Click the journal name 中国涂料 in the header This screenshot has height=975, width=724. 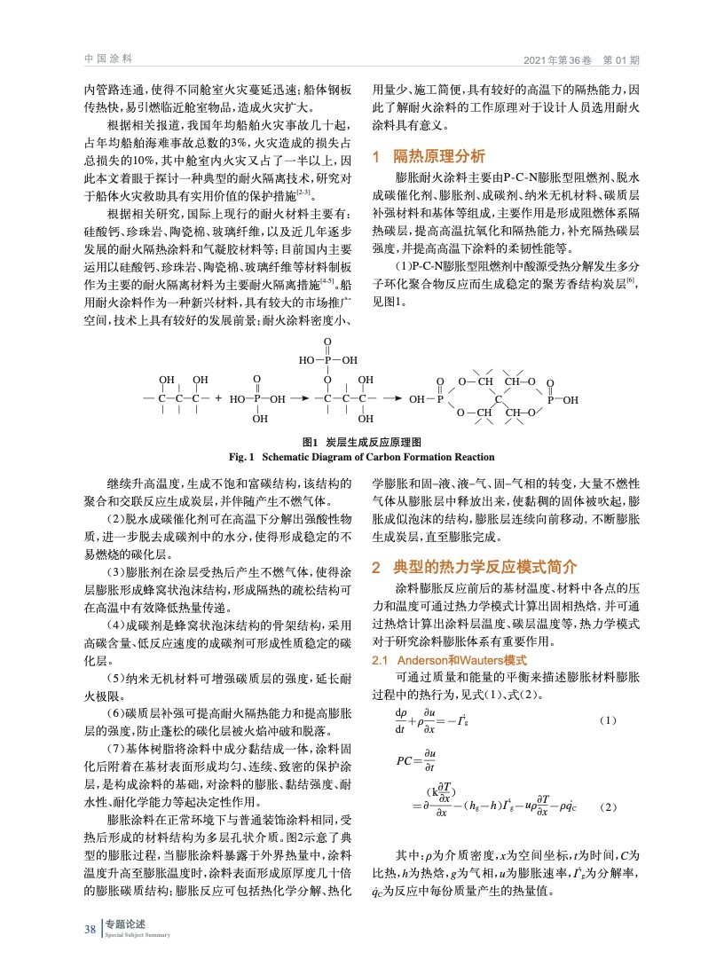pos(107,59)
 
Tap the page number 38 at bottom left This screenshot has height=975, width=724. pos(90,929)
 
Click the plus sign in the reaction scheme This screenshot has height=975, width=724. pos(218,399)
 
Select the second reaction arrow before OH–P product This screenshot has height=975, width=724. pos(393,399)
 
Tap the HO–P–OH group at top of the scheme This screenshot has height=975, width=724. pos(327,360)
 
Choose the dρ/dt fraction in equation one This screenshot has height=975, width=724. pos(402,721)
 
